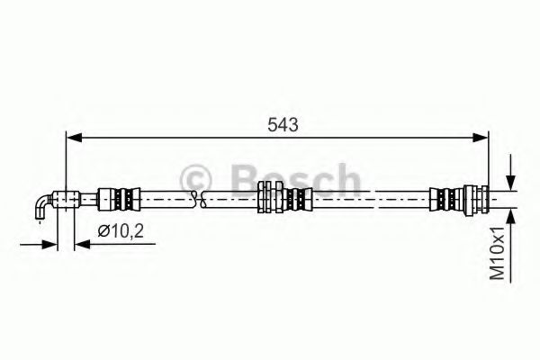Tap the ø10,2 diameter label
pyautogui.click(x=121, y=231)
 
